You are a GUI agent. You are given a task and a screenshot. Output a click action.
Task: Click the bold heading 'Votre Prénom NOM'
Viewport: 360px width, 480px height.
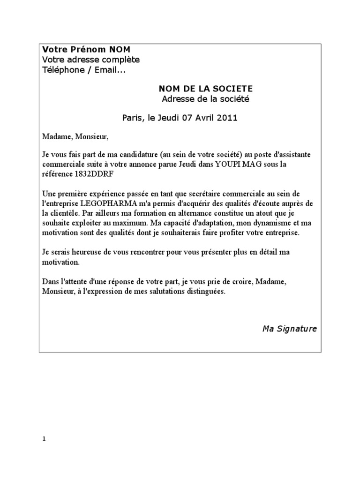[x=87, y=50]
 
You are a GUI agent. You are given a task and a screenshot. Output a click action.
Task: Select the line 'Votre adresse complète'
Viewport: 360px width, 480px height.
[x=90, y=60]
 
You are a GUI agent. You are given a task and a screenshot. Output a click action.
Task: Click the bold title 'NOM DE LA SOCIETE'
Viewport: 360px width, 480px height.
[x=200, y=89]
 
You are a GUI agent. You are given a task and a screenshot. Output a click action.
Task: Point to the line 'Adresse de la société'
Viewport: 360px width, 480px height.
[x=199, y=99]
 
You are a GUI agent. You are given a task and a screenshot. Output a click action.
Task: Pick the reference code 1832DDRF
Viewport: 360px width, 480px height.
[x=93, y=174]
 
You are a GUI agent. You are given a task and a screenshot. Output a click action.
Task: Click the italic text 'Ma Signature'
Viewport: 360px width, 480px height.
[x=289, y=329]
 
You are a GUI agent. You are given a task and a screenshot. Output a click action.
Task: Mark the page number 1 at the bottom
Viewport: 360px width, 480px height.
[x=44, y=440]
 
